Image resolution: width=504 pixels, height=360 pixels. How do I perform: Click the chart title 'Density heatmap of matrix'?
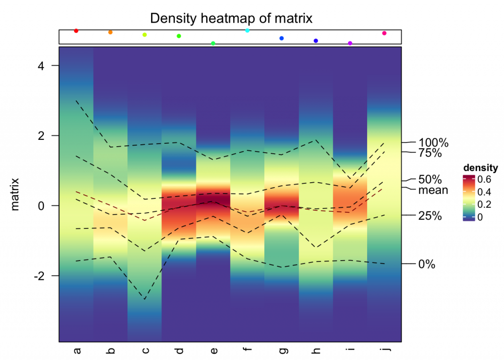point(231,18)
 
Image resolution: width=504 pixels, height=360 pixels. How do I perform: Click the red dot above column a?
point(76,31)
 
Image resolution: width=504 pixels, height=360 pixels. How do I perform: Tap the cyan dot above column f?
point(248,31)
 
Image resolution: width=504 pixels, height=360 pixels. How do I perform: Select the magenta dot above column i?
point(350,43)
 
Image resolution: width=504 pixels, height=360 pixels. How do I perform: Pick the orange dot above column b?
point(110,32)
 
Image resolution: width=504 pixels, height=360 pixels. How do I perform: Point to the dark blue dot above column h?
point(316,40)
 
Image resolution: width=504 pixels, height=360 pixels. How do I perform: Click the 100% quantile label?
point(433,143)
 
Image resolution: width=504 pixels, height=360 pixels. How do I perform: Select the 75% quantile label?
point(430,153)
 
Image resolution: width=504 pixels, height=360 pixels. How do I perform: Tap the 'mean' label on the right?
point(433,190)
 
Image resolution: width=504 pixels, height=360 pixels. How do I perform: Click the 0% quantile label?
point(427,264)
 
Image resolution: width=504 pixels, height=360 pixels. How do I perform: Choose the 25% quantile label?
point(430,216)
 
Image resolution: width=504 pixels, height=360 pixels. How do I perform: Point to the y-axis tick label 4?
point(48,65)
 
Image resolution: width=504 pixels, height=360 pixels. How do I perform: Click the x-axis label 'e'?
point(213,351)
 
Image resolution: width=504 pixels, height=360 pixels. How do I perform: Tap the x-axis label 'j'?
point(384,351)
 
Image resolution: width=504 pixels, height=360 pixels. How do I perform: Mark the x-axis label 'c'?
point(145,351)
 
